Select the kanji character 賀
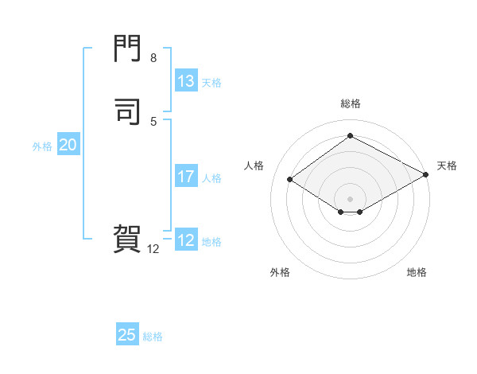[128, 239]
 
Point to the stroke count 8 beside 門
[153, 58]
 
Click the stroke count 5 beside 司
[153, 121]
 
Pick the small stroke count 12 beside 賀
[153, 249]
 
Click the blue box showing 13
[186, 81]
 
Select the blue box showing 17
[186, 177]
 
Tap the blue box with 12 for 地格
[186, 240]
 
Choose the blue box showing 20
[68, 145]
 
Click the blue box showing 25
[127, 335]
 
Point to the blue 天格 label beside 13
[211, 82]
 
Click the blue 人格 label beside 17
[211, 177]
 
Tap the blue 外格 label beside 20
[41, 146]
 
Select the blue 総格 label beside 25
[153, 336]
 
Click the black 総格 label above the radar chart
[351, 103]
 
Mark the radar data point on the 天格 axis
[426, 176]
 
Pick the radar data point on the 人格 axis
[290, 180]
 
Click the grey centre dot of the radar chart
[351, 198]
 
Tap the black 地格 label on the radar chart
[417, 272]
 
